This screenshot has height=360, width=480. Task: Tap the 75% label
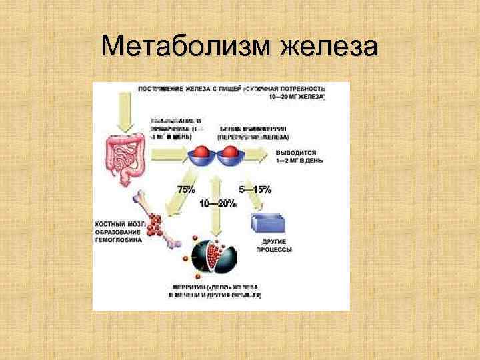(187, 189)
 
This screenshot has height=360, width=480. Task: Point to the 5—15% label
(257, 189)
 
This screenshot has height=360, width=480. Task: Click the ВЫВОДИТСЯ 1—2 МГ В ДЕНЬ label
(301, 157)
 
